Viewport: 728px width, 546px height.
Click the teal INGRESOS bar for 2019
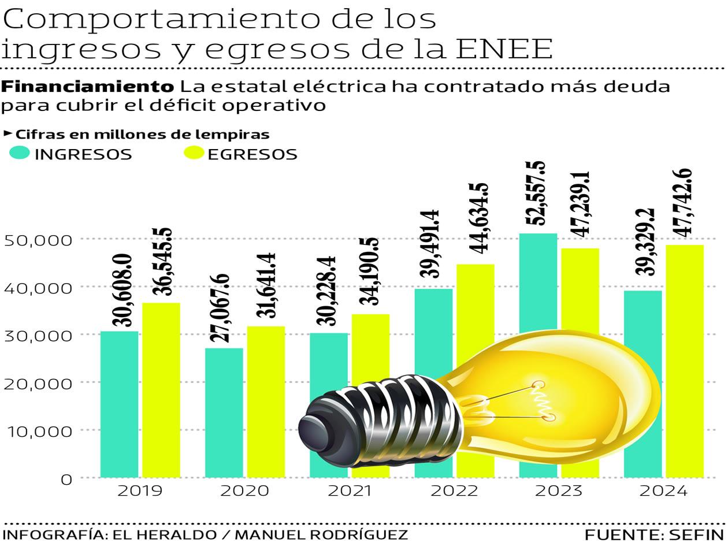coord(119,404)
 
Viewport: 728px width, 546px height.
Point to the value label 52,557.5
coord(538,194)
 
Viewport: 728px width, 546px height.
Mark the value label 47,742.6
coord(685,202)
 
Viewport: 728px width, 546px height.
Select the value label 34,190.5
coord(371,272)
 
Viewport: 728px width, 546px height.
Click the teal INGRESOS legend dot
coord(20,154)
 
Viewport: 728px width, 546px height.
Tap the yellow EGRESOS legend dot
coord(194,154)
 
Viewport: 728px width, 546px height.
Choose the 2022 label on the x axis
coord(454,491)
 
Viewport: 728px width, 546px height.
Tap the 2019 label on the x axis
coord(139,491)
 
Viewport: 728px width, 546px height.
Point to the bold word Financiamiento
coord(88,87)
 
